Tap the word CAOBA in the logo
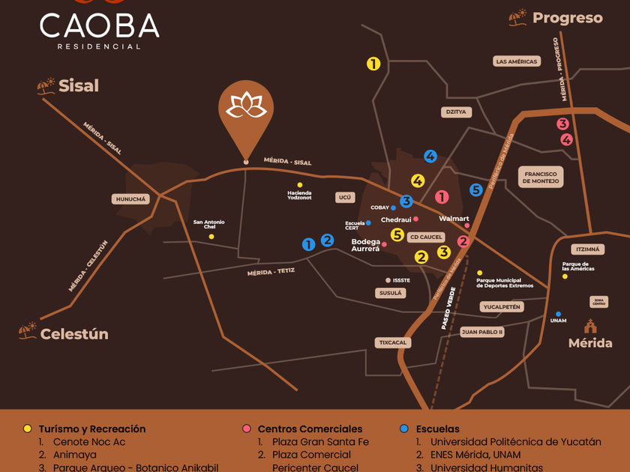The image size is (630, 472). coord(99,26)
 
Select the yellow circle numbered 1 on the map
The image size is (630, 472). coord(373,64)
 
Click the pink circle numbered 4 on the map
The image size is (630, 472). coord(566,139)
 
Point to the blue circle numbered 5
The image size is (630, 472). coord(475,190)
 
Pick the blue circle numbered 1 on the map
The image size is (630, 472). coord(308,244)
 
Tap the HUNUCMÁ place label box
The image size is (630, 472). coord(130,199)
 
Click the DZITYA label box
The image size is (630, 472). coord(456,112)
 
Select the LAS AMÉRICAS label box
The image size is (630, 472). coord(517,61)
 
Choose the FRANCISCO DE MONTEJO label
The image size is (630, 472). coord(541,178)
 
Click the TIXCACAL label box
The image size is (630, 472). coord(393,342)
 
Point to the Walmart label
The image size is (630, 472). coord(454,219)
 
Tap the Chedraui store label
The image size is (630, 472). coord(396,220)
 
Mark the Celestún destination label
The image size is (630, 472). coord(74,334)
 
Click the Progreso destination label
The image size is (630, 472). coord(567,18)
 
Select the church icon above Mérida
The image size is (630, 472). coord(590,326)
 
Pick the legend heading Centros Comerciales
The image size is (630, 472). coord(310,429)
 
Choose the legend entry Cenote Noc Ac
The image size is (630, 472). coord(89,442)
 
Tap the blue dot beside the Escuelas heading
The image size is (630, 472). coord(404,429)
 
